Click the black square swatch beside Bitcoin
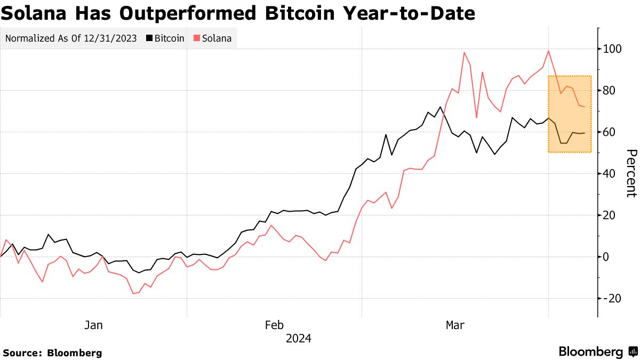pyautogui.click(x=150, y=38)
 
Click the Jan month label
pyautogui.click(x=93, y=325)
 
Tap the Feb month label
pyautogui.click(x=274, y=325)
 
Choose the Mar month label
pyautogui.click(x=454, y=325)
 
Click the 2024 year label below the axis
pyautogui.click(x=298, y=339)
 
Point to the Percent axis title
pyautogui.click(x=630, y=173)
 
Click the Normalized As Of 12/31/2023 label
pyautogui.click(x=71, y=38)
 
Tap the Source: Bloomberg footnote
pyautogui.click(x=52, y=353)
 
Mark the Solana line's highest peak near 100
pyautogui.click(x=548, y=51)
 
